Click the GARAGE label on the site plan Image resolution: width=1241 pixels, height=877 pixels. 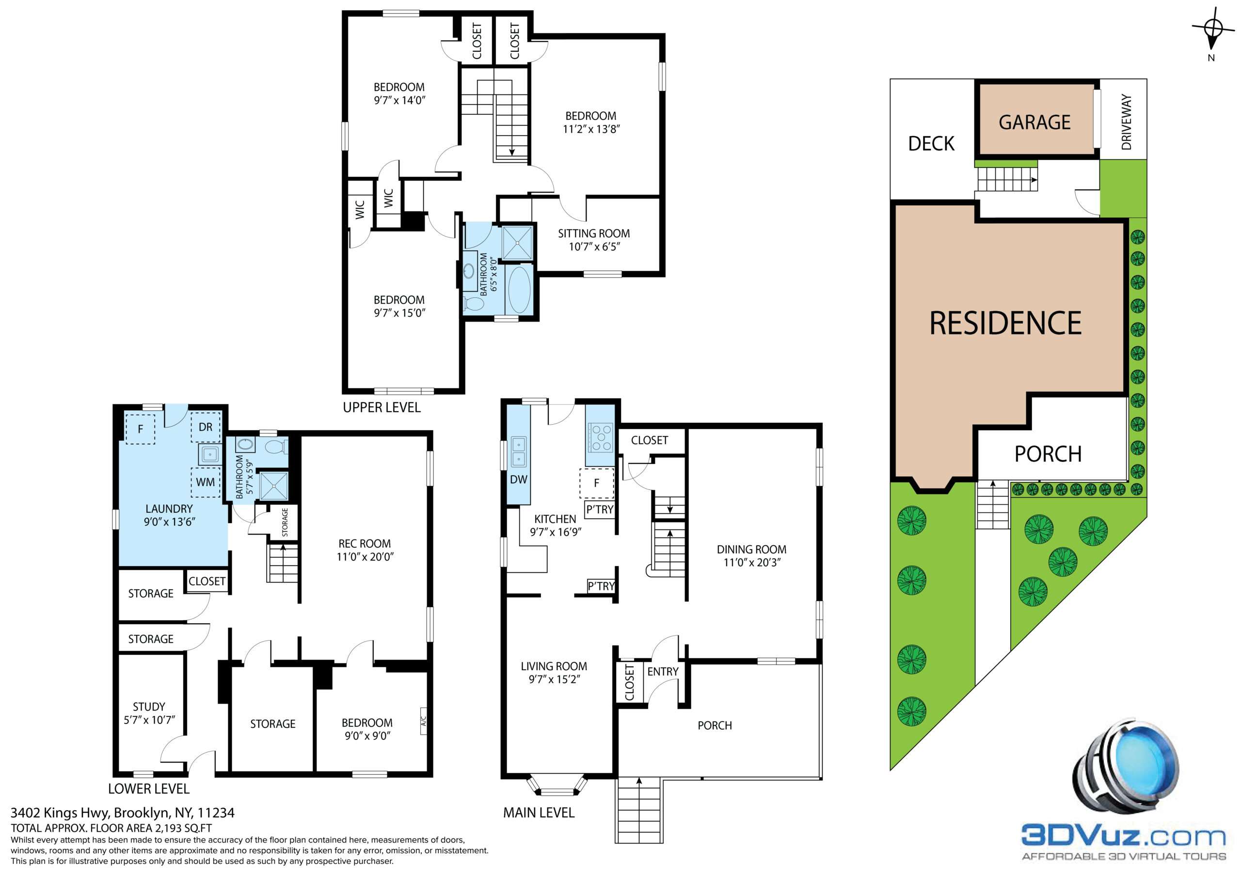point(1034,123)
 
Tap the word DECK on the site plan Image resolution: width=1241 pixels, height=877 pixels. point(931,144)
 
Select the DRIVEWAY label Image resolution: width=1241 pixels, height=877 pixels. point(1127,122)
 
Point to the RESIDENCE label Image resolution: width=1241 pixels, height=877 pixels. point(1005,323)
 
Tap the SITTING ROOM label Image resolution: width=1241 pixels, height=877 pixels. point(593,233)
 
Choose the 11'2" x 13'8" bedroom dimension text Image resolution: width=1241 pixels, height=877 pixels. point(591,129)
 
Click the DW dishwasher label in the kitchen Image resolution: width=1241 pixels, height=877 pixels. point(518,479)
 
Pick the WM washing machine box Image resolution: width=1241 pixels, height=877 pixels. point(206,482)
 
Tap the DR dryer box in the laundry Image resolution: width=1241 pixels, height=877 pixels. point(206,427)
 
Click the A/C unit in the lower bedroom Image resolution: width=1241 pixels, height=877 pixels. point(424,721)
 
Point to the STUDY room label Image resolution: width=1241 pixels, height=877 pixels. point(149,707)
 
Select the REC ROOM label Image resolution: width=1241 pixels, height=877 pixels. point(364,544)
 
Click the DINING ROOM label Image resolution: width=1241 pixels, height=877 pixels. point(751,549)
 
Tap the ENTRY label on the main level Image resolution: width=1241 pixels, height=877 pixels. point(663,671)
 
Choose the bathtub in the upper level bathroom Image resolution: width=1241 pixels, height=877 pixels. point(519,290)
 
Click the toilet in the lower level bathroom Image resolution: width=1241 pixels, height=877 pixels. point(277,446)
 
